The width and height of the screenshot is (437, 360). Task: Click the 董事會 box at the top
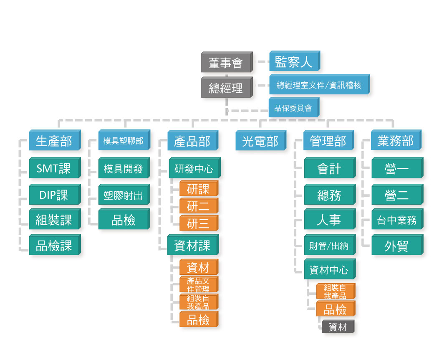coord(226,63)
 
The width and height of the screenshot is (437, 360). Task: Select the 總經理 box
coord(226,88)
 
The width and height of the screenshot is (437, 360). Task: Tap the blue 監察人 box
coord(293,62)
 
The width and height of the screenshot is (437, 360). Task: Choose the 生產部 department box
coord(54,141)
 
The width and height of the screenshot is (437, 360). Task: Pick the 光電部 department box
coord(260,141)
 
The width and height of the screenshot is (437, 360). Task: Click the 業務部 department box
coord(395,141)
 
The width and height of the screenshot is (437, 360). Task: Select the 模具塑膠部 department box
coord(123,141)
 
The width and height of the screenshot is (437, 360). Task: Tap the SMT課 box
coord(54,168)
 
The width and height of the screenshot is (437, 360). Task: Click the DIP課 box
coord(54,195)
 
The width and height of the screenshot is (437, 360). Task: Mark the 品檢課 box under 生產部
coord(54,246)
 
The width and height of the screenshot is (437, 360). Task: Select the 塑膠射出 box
coord(123,195)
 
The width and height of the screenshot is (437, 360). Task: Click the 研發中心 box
coord(194,169)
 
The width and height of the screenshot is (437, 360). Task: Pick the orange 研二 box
coord(198,206)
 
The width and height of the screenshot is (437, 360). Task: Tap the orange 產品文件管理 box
coord(198,285)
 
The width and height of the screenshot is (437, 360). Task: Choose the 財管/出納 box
coord(329,246)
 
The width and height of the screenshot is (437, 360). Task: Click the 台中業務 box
coord(397,220)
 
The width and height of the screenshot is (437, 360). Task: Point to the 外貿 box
coord(397,246)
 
